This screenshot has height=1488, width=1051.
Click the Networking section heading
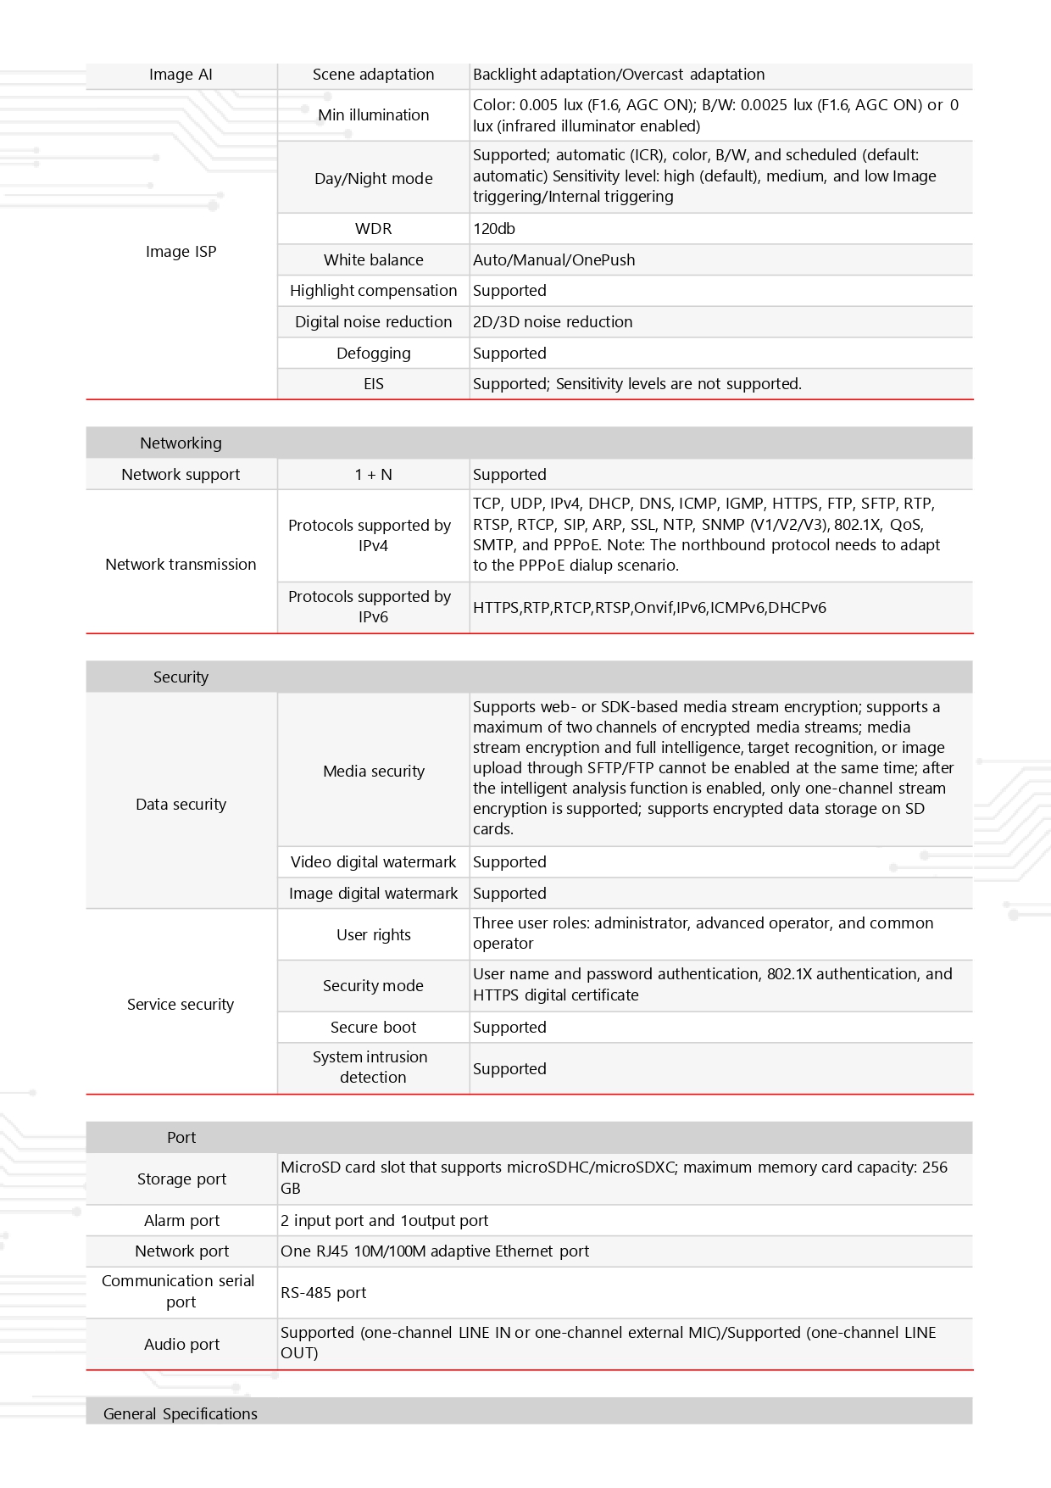coord(181,443)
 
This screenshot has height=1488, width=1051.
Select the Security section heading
coord(181,677)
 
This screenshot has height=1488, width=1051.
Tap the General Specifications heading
coord(181,1413)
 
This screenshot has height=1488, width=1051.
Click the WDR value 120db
coord(494,229)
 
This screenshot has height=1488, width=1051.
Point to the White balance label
coord(373,260)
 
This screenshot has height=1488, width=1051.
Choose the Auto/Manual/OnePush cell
coord(553,260)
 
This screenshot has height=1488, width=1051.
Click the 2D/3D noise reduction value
coord(553,322)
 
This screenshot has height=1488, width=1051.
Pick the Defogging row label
coord(373,354)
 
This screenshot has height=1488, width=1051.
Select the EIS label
coord(373,384)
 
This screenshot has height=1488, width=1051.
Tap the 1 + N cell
coord(373,475)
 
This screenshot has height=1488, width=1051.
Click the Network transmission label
coord(181,565)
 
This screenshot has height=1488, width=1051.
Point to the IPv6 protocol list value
coord(649,608)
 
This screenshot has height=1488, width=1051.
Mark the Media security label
coord(373,772)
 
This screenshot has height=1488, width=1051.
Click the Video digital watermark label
coord(373,862)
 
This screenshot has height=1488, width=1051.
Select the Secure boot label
coord(373,1028)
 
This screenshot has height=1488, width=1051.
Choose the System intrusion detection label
coord(371,1067)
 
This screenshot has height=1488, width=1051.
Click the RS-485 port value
coord(323,1293)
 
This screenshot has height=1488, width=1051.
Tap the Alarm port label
coord(181,1221)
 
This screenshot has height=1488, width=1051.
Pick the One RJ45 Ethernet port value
coord(435,1251)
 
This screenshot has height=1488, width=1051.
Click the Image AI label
coord(181,75)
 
